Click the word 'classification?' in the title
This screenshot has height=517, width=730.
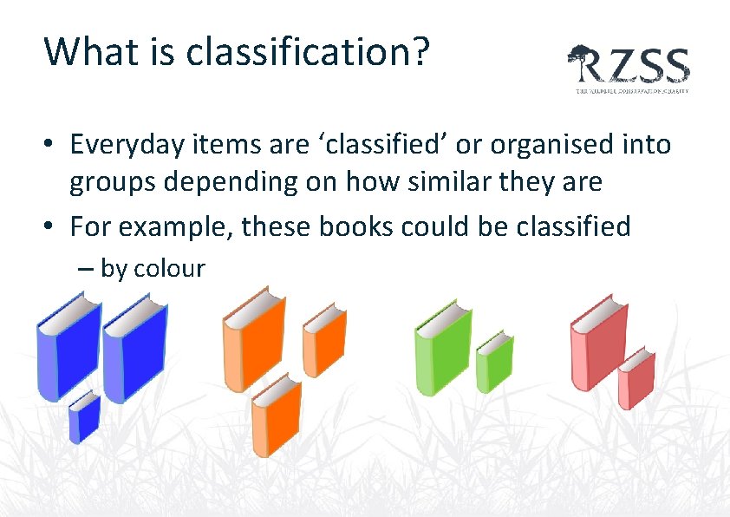pos(303,53)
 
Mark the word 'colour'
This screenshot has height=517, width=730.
pos(169,269)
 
